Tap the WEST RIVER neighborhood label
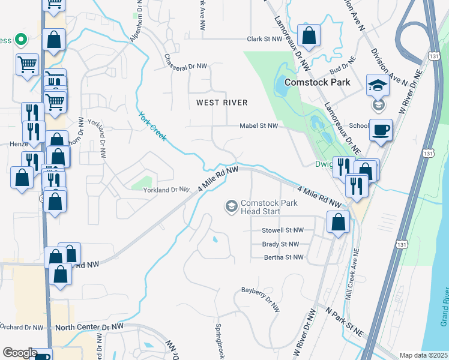pos(221,103)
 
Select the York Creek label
pos(152,127)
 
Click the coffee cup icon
pos(381,130)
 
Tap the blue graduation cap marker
pos(378,86)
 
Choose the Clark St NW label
pos(264,39)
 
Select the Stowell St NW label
pos(282,230)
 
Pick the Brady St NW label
pos(280,244)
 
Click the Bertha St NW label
pos(284,257)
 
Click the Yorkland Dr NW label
pos(166,190)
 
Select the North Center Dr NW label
pos(89,327)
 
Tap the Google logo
pos(20,353)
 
